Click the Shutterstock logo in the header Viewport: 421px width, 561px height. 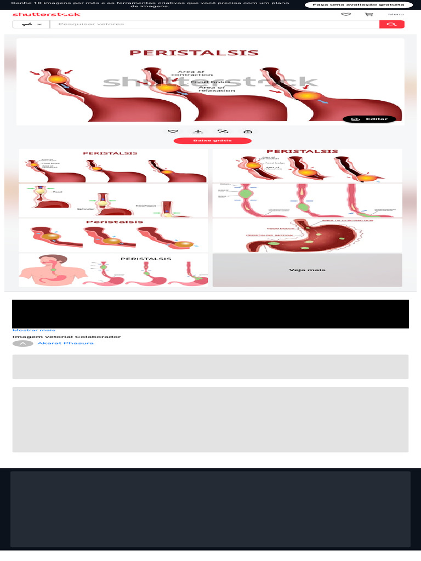(46, 14)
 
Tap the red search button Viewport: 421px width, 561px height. (391, 24)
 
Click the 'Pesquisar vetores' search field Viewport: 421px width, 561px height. (214, 24)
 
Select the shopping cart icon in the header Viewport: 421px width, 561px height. (369, 14)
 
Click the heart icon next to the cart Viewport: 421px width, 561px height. (346, 14)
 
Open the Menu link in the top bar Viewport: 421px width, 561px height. (396, 14)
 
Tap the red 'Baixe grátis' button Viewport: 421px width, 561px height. (213, 141)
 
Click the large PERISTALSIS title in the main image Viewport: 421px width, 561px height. (194, 53)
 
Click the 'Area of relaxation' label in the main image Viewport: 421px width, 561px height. (212, 89)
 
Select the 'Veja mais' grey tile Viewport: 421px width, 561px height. (307, 270)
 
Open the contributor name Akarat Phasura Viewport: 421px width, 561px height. (65, 344)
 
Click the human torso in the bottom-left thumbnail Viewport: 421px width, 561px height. (53, 271)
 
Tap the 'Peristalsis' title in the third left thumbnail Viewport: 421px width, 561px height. (115, 222)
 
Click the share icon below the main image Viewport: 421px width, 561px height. (248, 131)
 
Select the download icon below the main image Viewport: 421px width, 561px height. (198, 131)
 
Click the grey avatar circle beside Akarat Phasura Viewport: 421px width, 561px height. (22, 344)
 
